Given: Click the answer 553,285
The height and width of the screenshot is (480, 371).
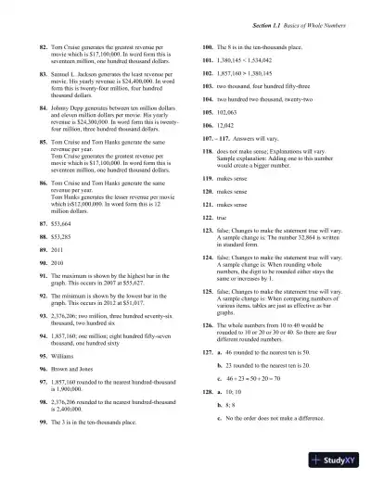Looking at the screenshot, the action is pyautogui.click(x=64, y=237).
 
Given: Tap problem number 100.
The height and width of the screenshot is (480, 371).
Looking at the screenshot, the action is pyautogui.click(x=208, y=44).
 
